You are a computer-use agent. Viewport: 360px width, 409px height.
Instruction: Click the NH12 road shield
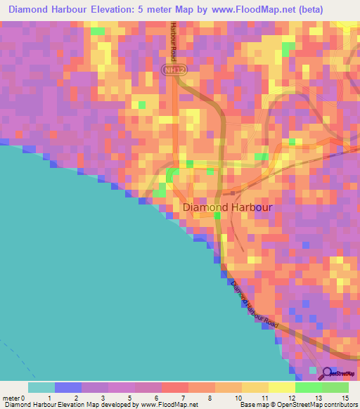[169, 70]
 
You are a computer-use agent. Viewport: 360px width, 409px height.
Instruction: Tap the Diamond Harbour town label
[227, 208]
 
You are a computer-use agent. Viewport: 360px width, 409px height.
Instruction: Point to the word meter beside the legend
[12, 397]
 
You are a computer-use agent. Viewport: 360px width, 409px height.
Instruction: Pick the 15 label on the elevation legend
[345, 397]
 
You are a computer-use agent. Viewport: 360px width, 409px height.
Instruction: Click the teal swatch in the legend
[41, 387]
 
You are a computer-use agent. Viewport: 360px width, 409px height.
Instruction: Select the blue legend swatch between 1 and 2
[68, 387]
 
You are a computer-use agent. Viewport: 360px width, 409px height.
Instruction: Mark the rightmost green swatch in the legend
[335, 387]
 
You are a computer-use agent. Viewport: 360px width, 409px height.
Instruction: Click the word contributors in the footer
[335, 405]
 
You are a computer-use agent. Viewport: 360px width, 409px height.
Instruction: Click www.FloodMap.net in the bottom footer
[169, 405]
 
